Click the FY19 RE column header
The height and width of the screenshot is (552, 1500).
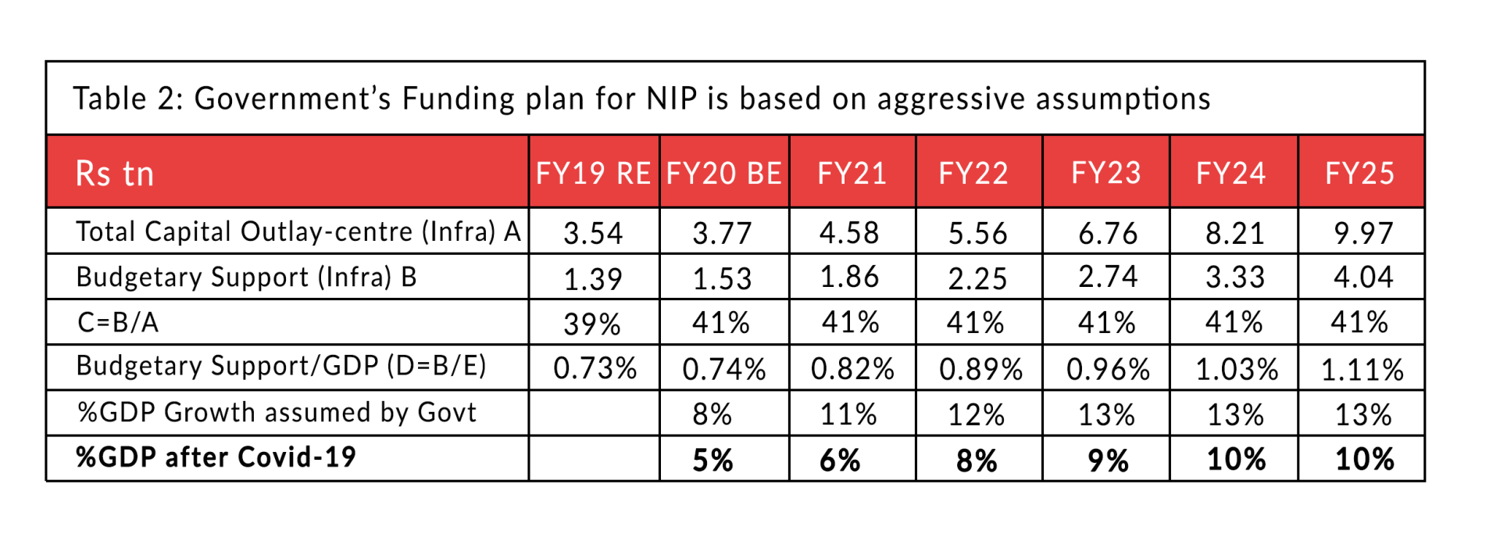pyautogui.click(x=593, y=173)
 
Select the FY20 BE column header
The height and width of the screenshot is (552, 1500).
pyautogui.click(x=723, y=173)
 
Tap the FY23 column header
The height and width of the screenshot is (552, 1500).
pyautogui.click(x=1105, y=173)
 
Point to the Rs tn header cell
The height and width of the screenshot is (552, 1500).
pyautogui.click(x=115, y=173)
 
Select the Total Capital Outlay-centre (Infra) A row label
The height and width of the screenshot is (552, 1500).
pyautogui.click(x=298, y=232)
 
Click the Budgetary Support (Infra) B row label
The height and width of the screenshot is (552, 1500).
pyautogui.click(x=247, y=278)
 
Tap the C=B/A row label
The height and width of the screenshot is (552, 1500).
pyautogui.click(x=118, y=322)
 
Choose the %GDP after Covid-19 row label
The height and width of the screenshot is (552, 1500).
pyautogui.click(x=216, y=457)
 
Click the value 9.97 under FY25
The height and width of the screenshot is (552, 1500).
pyautogui.click(x=1363, y=233)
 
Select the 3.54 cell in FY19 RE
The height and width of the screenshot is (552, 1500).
pyautogui.click(x=593, y=233)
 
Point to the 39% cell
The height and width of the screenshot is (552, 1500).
pyautogui.click(x=592, y=324)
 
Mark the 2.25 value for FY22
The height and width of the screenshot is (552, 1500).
pyautogui.click(x=977, y=278)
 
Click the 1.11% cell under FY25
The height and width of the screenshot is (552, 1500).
pyautogui.click(x=1362, y=369)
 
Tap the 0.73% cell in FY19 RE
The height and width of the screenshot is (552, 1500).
pyautogui.click(x=595, y=368)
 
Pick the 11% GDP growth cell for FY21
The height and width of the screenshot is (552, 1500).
pyautogui.click(x=848, y=414)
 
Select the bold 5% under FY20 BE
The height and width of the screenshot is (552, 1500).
pyautogui.click(x=712, y=460)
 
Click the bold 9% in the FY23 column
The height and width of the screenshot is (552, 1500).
pyautogui.click(x=1108, y=460)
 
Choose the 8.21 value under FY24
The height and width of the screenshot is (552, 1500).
pyautogui.click(x=1234, y=233)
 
